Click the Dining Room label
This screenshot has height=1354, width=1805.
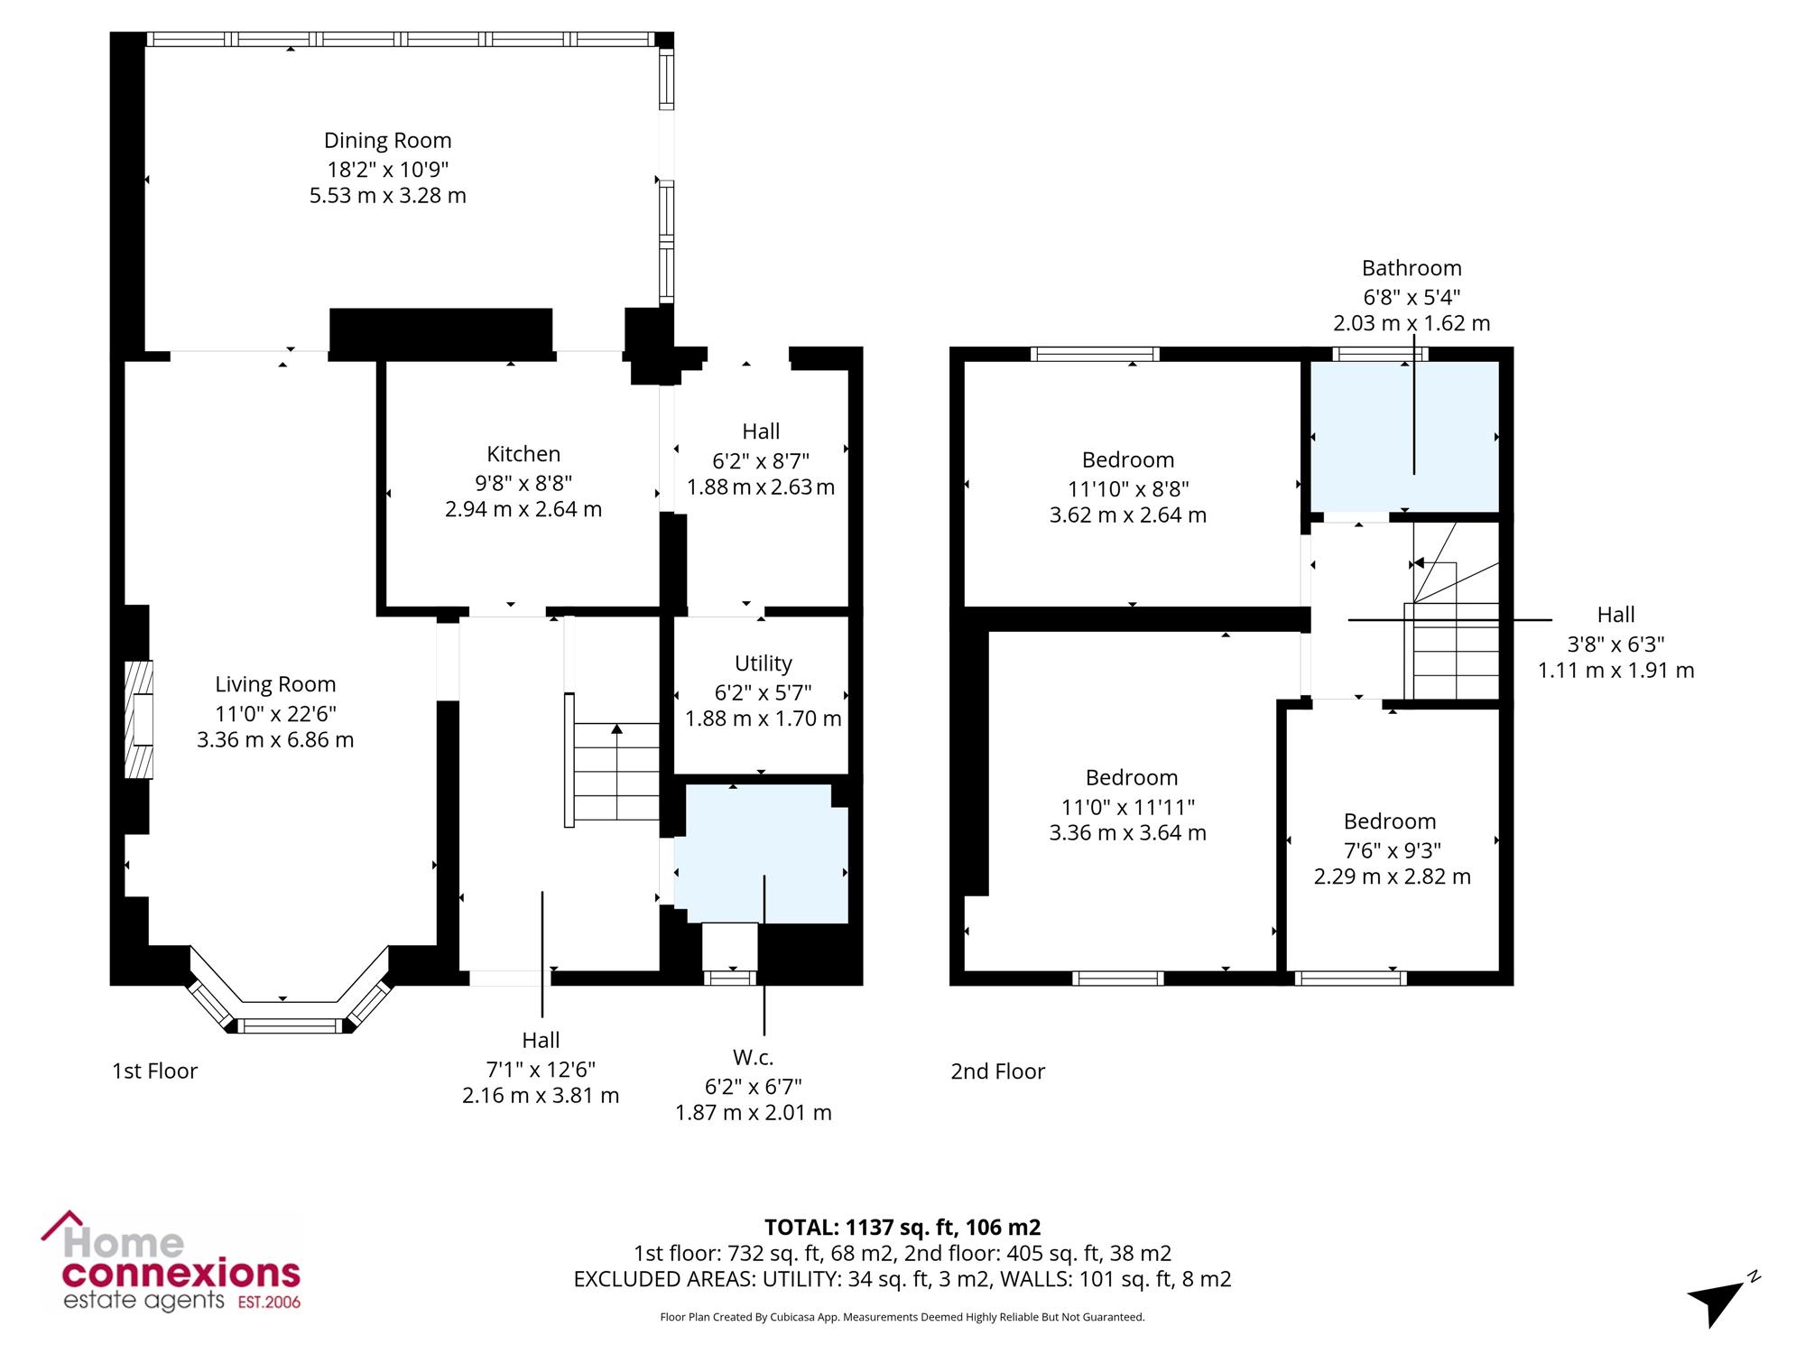click(x=388, y=141)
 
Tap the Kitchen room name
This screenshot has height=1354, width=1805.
click(x=523, y=454)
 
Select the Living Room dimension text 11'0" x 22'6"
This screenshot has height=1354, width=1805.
click(x=275, y=713)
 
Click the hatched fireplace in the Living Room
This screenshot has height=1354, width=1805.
click(x=138, y=719)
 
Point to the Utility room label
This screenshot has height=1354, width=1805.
click(x=764, y=663)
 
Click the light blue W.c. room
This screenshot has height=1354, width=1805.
click(x=761, y=853)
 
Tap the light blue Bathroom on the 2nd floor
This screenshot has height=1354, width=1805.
click(x=1404, y=436)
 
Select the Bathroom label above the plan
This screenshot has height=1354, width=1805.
click(x=1412, y=268)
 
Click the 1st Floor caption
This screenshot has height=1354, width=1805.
click(x=154, y=1071)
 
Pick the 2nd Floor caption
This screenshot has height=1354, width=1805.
click(x=997, y=1071)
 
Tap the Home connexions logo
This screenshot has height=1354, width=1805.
click(x=171, y=1261)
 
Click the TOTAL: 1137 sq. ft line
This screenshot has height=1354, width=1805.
click(x=902, y=1227)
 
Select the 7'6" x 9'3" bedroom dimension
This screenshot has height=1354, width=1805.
click(x=1392, y=850)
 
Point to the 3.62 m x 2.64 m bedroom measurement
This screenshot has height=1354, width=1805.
click(x=1127, y=515)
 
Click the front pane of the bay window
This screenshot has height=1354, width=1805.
click(x=291, y=1025)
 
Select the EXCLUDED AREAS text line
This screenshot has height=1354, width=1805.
click(x=902, y=1279)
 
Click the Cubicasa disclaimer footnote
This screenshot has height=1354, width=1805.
click(x=902, y=1317)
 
